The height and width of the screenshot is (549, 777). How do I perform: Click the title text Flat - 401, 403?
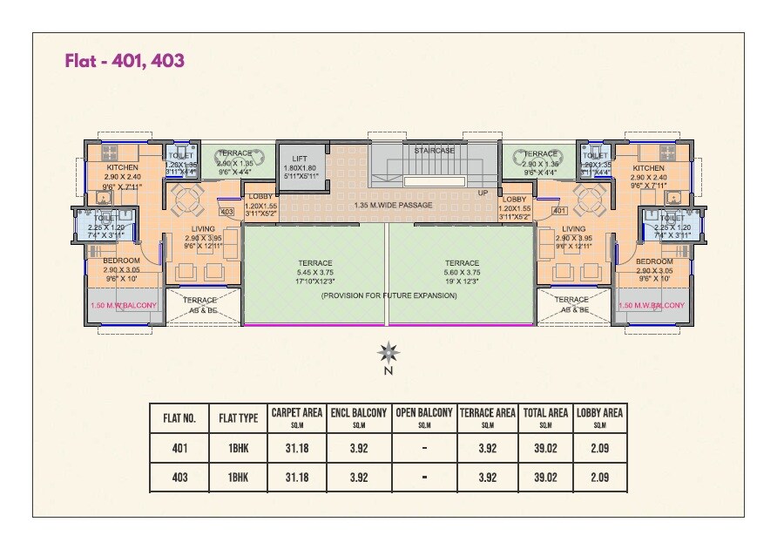pyautogui.click(x=125, y=61)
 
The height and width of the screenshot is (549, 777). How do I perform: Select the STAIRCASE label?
pyautogui.click(x=435, y=151)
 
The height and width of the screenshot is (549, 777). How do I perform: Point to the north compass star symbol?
pyautogui.click(x=388, y=353)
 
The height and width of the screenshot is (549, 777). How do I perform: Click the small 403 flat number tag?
pyautogui.click(x=226, y=212)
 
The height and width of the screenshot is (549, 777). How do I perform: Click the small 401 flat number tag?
pyautogui.click(x=559, y=212)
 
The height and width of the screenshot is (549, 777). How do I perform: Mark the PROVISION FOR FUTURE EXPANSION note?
pyautogui.click(x=388, y=296)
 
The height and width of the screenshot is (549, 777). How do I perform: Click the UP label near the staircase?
pyautogui.click(x=483, y=193)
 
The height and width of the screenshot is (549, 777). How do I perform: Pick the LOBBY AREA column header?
pyautogui.click(x=598, y=417)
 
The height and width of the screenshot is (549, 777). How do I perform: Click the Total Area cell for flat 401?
pyautogui.click(x=545, y=449)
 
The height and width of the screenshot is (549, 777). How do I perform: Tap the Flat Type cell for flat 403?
pyautogui.click(x=239, y=478)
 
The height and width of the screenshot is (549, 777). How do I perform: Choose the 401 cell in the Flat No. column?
pyautogui.click(x=179, y=449)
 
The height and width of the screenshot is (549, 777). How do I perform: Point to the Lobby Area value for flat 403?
pyautogui.click(x=598, y=478)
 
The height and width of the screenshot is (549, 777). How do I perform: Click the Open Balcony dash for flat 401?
pyautogui.click(x=424, y=449)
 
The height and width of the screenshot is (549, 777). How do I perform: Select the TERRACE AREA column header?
pyautogui.click(x=488, y=417)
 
